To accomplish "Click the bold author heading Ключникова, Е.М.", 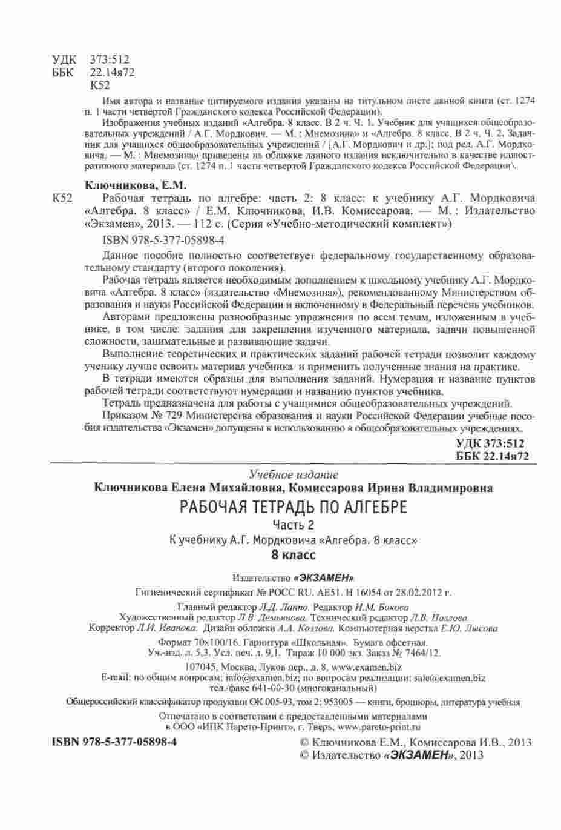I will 134,185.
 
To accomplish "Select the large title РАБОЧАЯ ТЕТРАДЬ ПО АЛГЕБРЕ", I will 294,507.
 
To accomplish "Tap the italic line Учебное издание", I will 294,474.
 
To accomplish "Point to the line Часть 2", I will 294,524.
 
